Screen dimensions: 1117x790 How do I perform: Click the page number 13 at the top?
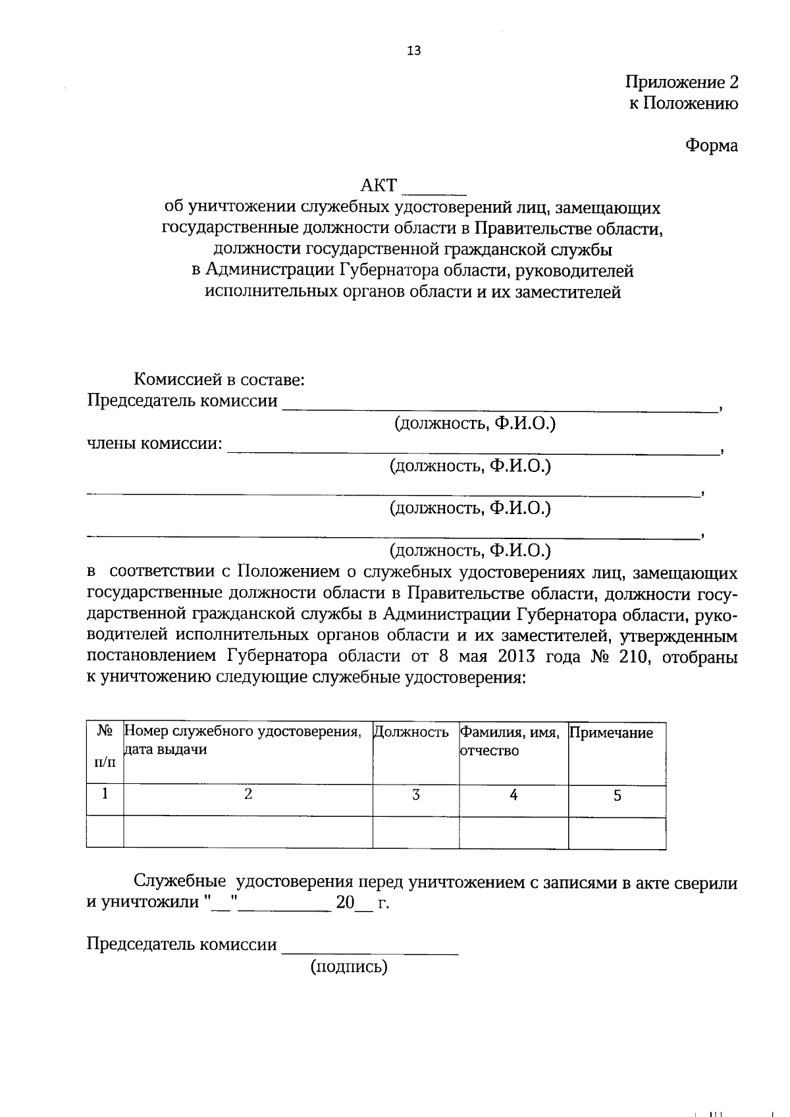click(x=414, y=51)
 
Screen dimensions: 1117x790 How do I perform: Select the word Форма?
click(x=711, y=145)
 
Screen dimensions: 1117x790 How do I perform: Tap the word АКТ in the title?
click(x=379, y=186)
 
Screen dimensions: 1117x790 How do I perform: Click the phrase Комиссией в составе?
click(x=219, y=380)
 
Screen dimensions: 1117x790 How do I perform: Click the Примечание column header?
click(x=611, y=733)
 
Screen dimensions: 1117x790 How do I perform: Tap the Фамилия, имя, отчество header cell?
click(x=510, y=741)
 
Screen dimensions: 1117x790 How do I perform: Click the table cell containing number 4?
click(x=513, y=795)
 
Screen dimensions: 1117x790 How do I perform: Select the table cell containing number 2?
click(x=248, y=794)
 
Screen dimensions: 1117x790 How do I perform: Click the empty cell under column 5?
click(x=617, y=832)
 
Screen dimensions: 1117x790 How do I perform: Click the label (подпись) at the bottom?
click(x=349, y=966)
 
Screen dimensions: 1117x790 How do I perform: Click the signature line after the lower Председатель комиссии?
click(x=369, y=950)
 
